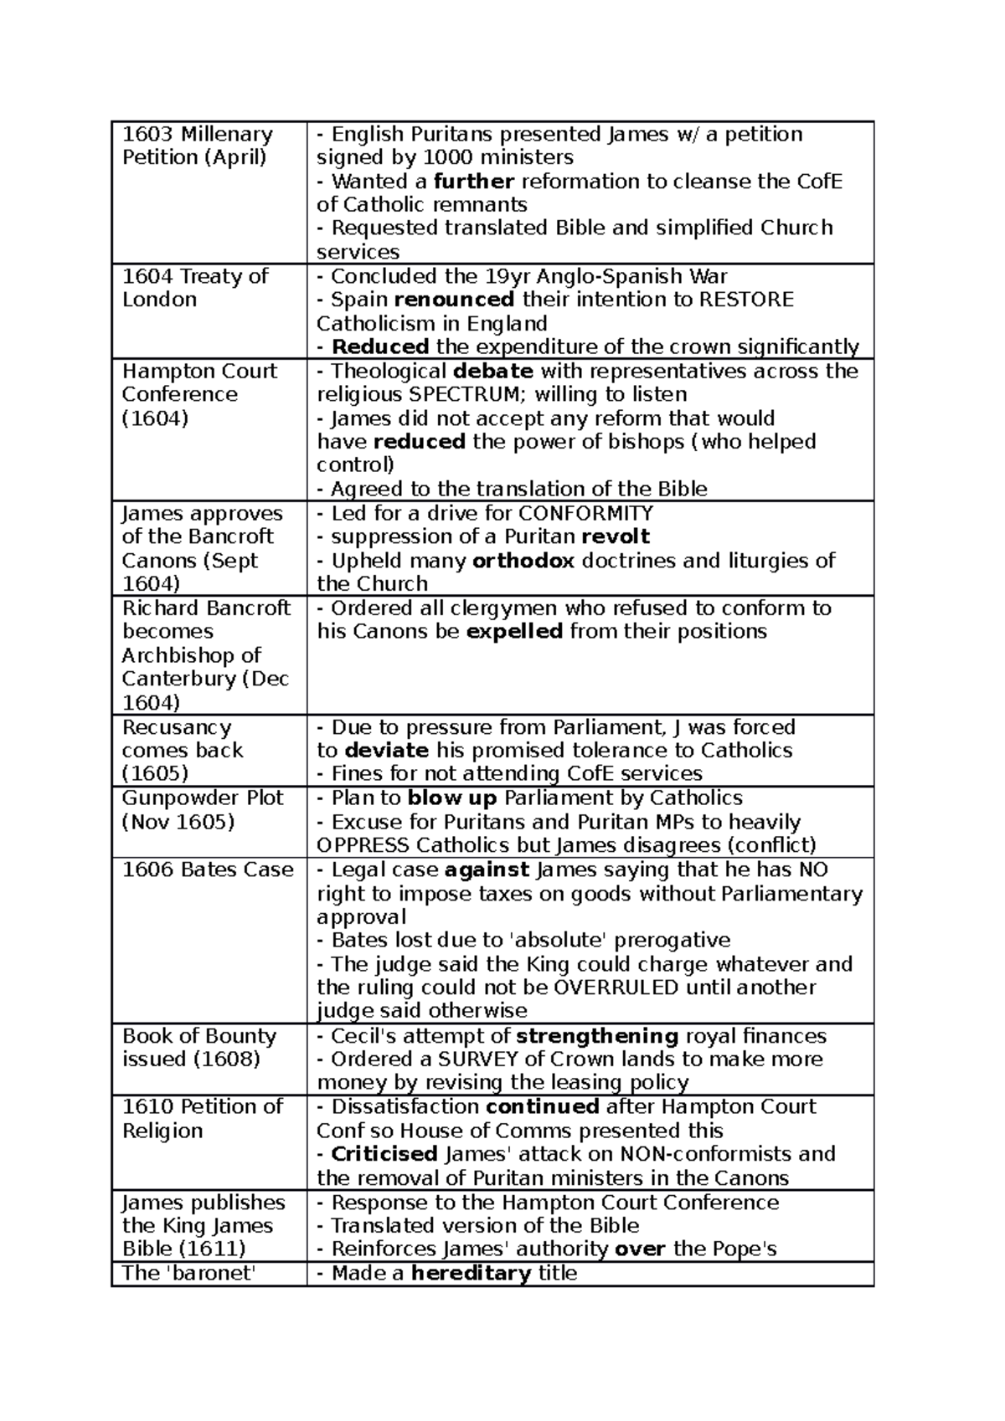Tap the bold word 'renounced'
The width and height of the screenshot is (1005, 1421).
pyautogui.click(x=454, y=300)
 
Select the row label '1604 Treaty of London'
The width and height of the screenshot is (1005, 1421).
pyautogui.click(x=195, y=288)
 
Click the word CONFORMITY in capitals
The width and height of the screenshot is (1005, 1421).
pyautogui.click(x=585, y=513)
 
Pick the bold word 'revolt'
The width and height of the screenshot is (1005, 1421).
pyautogui.click(x=616, y=536)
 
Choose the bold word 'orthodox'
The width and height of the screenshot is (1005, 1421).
pyautogui.click(x=523, y=561)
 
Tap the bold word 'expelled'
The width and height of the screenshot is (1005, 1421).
pyautogui.click(x=513, y=631)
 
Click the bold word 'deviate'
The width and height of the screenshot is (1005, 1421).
pyautogui.click(x=386, y=750)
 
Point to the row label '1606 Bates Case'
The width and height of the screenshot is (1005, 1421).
pyautogui.click(x=208, y=870)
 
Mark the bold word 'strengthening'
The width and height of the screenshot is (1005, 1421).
pyautogui.click(x=596, y=1036)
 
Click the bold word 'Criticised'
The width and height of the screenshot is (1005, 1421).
pyautogui.click(x=384, y=1154)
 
